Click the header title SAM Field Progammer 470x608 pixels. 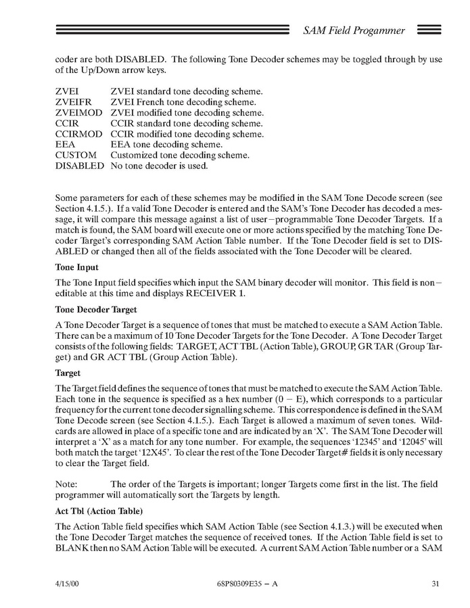click(x=354, y=30)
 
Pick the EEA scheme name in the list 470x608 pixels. click(x=66, y=144)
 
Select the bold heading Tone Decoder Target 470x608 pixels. click(x=96, y=310)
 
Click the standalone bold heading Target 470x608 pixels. click(x=68, y=373)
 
